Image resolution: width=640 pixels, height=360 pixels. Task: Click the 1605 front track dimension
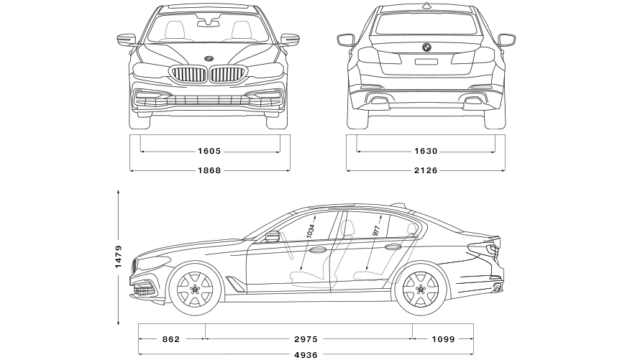tap(209, 152)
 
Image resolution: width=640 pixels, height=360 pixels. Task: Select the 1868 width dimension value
tap(209, 170)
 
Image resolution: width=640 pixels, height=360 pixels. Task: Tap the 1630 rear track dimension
tap(426, 152)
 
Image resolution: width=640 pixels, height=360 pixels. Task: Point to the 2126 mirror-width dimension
tap(426, 170)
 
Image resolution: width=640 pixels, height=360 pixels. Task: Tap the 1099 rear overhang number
tap(444, 338)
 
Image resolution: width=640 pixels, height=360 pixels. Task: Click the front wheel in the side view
tap(193, 290)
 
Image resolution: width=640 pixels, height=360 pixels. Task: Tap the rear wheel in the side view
tap(421, 290)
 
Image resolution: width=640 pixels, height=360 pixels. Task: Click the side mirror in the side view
tap(272, 236)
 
